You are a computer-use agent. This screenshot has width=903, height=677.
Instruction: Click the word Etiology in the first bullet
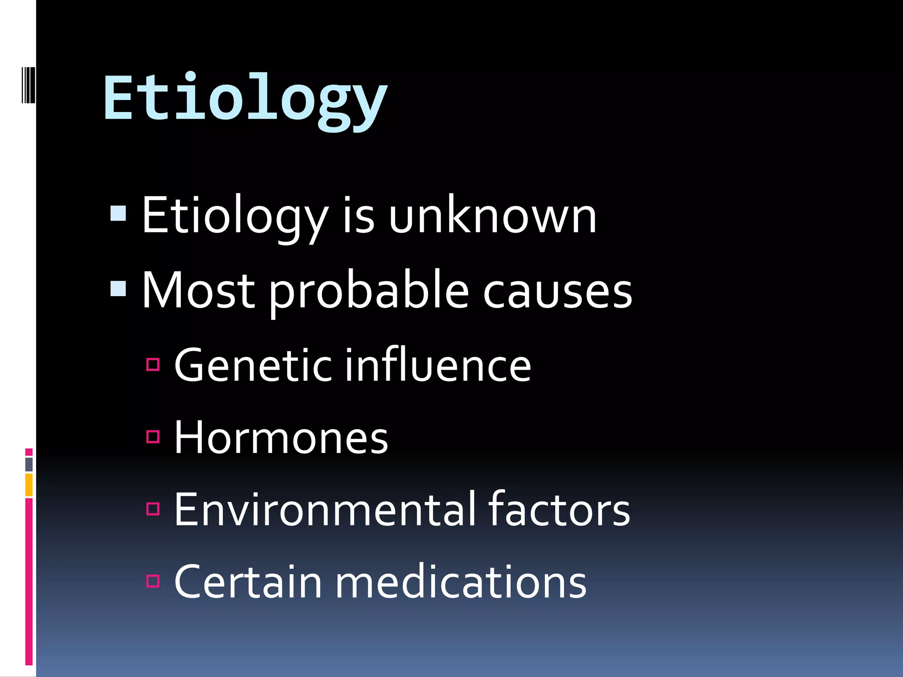pyautogui.click(x=235, y=216)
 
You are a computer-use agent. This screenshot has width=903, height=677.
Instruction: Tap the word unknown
pyautogui.click(x=493, y=216)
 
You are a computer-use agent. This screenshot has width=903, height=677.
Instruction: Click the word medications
pyautogui.click(x=461, y=582)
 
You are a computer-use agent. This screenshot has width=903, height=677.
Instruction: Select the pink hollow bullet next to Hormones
pyautogui.click(x=153, y=436)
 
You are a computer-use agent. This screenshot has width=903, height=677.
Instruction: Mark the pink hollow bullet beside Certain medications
pyautogui.click(x=153, y=581)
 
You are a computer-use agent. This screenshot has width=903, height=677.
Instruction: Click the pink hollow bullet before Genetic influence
pyautogui.click(x=153, y=365)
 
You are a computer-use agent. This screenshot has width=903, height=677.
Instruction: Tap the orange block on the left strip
pyautogui.click(x=29, y=485)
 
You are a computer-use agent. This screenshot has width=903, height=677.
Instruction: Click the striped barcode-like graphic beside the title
pyautogui.click(x=28, y=85)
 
